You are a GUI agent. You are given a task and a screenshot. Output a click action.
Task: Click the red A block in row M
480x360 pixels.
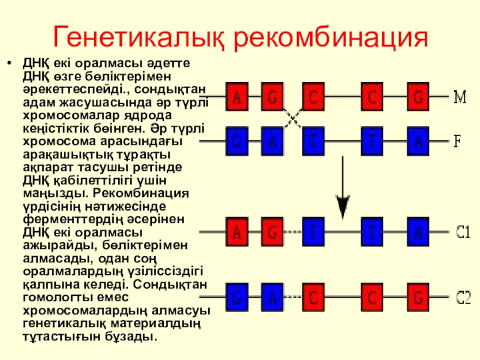click(x=238, y=96)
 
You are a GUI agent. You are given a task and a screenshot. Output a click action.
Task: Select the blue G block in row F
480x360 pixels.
click(x=238, y=142)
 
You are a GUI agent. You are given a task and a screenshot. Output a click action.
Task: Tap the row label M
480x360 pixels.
click(x=459, y=96)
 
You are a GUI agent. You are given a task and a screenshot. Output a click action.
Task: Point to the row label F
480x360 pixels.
click(x=457, y=142)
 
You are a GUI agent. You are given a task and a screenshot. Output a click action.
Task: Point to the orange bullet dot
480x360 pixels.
click(x=8, y=62)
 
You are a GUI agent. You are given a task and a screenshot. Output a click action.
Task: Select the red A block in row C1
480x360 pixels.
click(x=238, y=232)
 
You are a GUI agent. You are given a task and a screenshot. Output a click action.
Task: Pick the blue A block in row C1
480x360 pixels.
click(x=418, y=232)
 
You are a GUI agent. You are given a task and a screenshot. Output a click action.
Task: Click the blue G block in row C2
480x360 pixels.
click(x=238, y=297)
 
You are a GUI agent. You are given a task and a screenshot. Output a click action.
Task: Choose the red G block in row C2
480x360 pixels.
click(x=418, y=297)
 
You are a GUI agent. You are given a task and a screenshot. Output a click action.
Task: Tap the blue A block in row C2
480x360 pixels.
click(x=273, y=297)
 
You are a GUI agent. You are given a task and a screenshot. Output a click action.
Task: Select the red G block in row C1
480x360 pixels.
click(x=273, y=232)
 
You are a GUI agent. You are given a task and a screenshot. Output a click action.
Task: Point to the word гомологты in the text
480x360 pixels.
click(x=50, y=298)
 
